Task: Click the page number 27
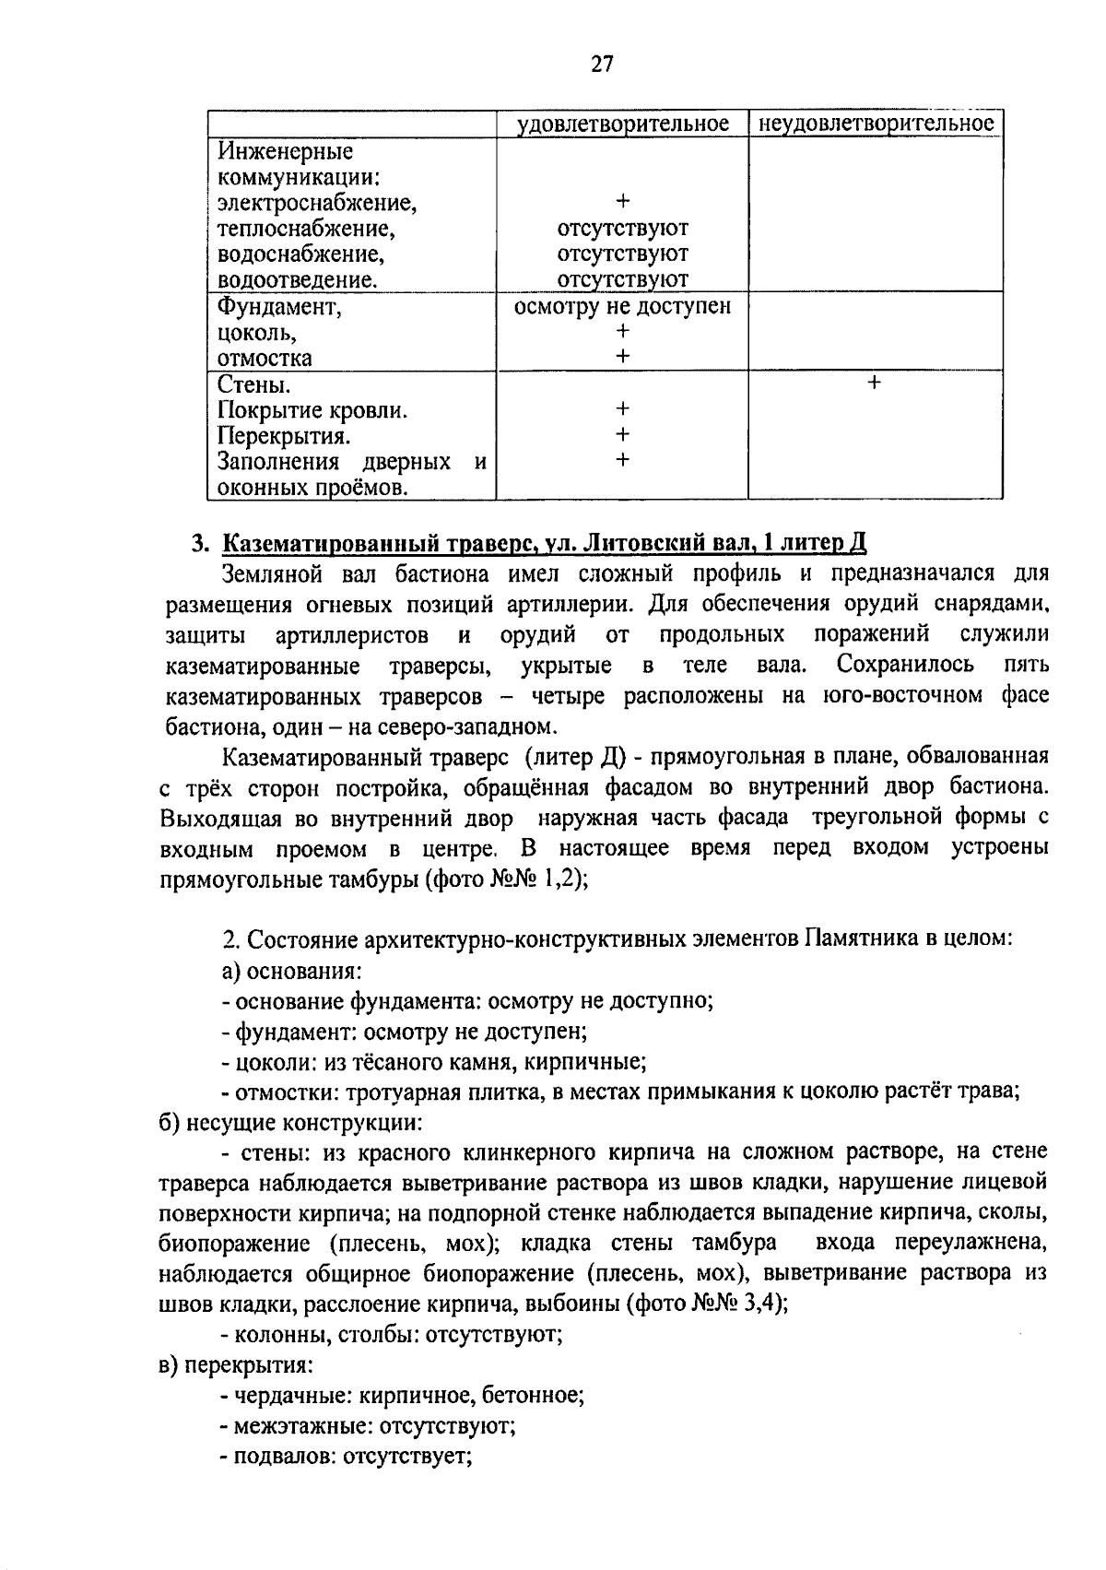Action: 602,64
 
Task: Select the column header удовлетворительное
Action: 622,124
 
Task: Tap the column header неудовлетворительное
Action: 875,124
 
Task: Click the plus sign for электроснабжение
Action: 623,200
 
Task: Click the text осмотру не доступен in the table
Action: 622,306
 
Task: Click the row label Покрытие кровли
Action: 312,409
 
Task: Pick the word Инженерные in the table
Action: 285,150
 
